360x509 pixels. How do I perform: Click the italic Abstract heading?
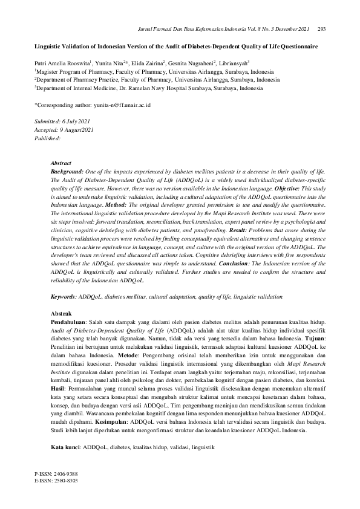coord(61,163)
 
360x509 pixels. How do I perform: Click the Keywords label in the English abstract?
coord(63,298)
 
